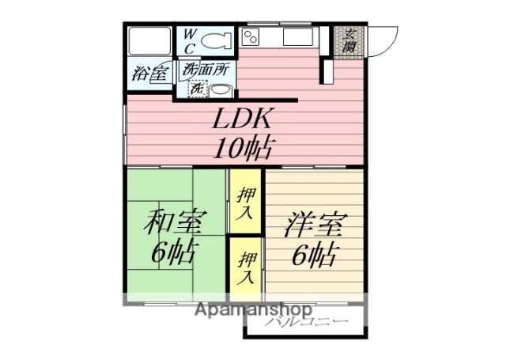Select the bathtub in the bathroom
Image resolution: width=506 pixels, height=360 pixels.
(148, 40)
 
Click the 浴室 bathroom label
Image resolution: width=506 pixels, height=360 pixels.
(149, 74)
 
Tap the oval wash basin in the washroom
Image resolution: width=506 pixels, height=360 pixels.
(219, 89)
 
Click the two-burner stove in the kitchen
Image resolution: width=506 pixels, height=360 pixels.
(251, 36)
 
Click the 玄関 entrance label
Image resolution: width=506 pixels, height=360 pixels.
(349, 40)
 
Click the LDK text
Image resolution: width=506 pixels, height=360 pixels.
(242, 119)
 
